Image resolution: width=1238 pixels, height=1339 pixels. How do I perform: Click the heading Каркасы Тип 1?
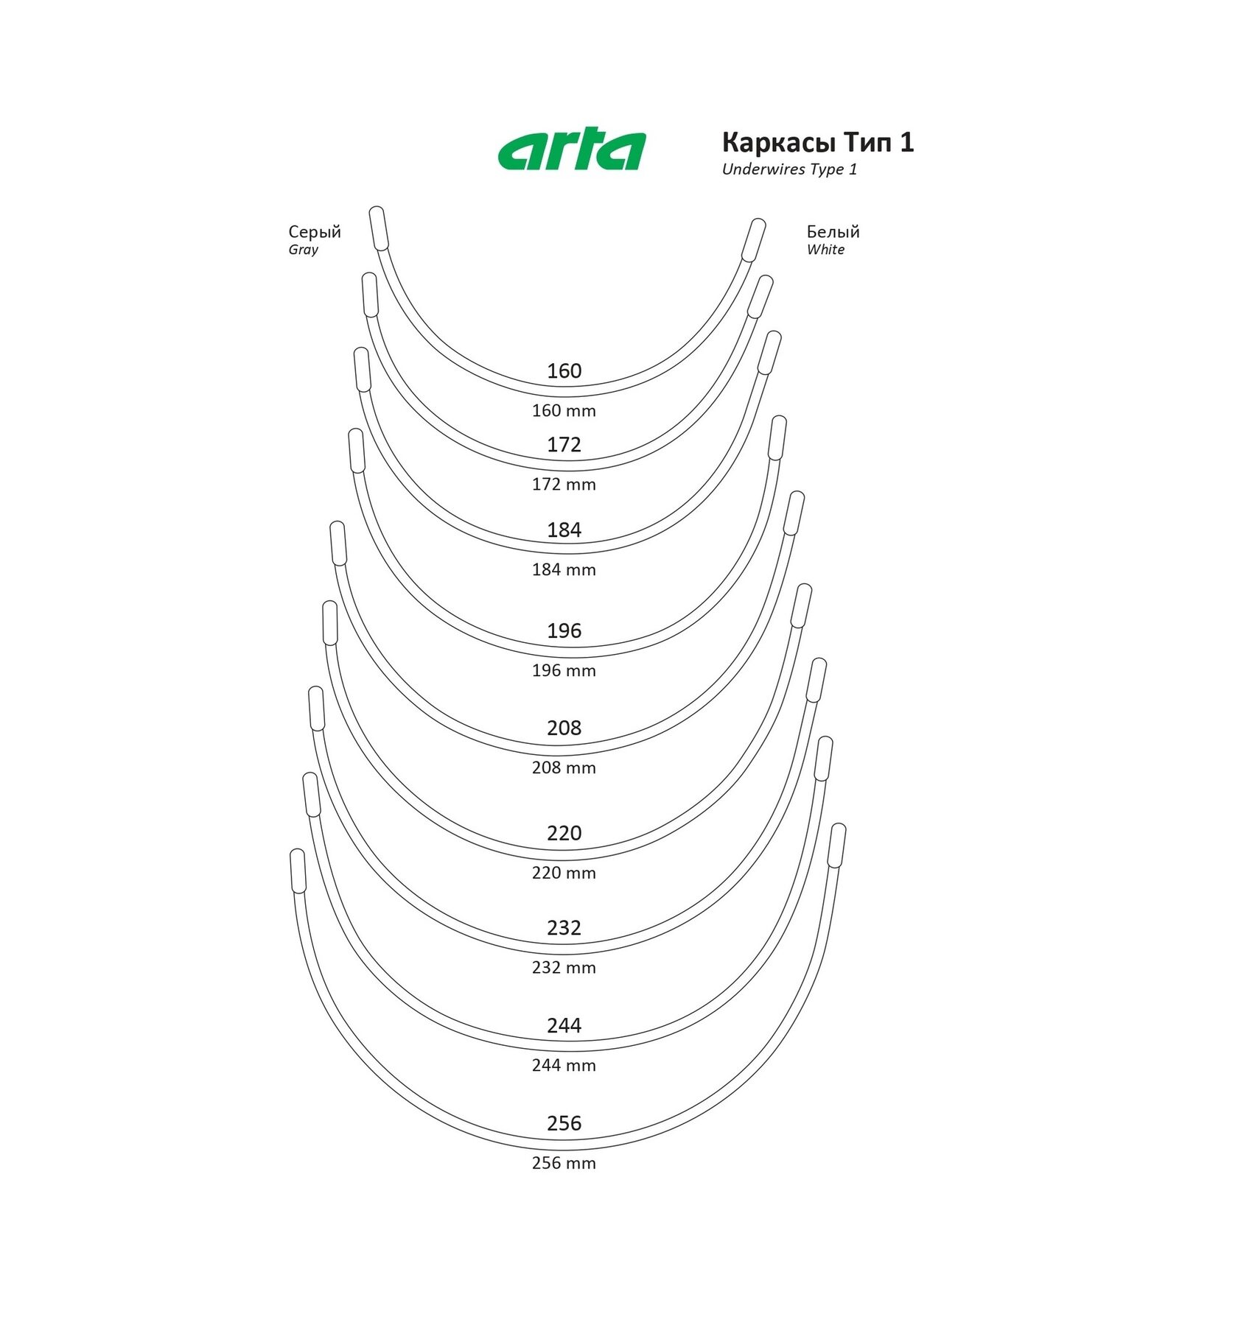818,142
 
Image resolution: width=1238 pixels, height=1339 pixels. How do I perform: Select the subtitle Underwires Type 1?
789,169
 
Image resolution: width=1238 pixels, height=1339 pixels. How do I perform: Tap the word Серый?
315,232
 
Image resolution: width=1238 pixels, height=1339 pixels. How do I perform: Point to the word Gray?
304,250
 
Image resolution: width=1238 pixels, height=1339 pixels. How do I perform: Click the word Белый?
833,232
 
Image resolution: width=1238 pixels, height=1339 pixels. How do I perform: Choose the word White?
825,250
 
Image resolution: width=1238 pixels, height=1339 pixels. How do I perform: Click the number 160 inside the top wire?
564,370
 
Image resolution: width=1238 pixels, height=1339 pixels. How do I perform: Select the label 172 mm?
564,485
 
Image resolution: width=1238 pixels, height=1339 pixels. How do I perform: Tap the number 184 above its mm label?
564,530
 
